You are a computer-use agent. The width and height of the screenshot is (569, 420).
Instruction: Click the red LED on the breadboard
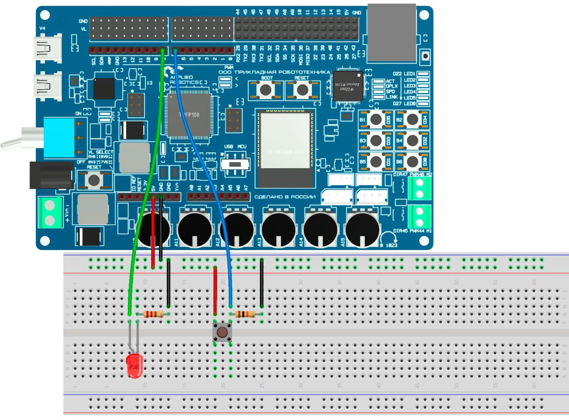(134, 365)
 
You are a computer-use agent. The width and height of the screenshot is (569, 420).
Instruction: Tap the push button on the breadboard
(222, 332)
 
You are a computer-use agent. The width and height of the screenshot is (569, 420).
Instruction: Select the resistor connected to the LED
(153, 314)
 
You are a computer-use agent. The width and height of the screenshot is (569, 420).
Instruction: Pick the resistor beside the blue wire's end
(245, 314)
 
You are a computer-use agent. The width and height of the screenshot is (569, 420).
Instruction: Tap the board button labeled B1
(376, 119)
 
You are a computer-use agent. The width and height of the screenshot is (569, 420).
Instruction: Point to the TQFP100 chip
(189, 115)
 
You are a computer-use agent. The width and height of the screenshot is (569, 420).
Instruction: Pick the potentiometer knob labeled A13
(278, 229)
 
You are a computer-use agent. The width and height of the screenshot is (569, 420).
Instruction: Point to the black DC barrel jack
(50, 175)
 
